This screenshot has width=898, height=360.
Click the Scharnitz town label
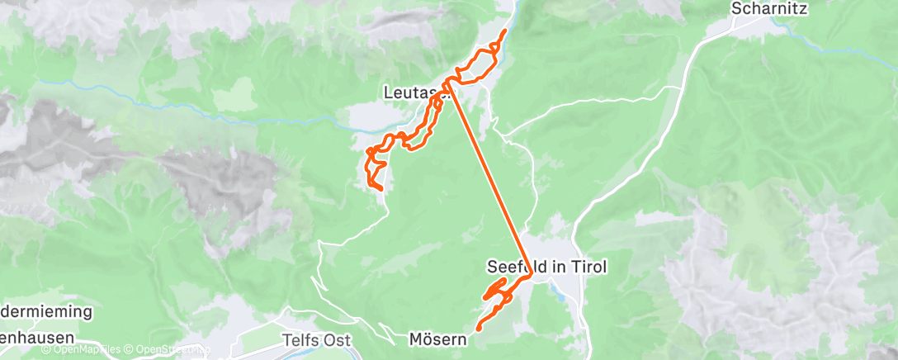click(x=768, y=9)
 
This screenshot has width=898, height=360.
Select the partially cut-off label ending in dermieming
click(x=46, y=313)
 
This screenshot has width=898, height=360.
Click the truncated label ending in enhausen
click(x=37, y=338)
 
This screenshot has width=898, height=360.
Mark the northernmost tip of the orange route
click(x=505, y=31)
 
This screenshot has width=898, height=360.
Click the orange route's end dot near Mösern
click(x=478, y=329)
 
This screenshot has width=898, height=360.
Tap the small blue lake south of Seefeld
click(x=562, y=292)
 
